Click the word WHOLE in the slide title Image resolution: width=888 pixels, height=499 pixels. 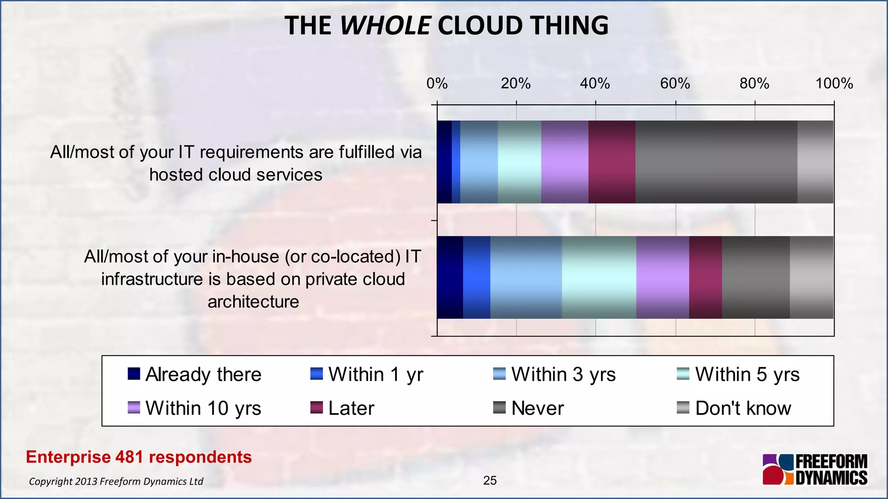[x=385, y=26]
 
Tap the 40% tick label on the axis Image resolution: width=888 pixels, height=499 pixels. [x=595, y=83]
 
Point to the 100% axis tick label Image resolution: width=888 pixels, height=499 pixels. [x=834, y=83]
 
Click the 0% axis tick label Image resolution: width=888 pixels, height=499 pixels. [x=437, y=83]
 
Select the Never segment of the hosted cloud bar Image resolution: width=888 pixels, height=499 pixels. [x=716, y=162]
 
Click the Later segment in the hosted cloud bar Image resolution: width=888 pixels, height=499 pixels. [x=611, y=162]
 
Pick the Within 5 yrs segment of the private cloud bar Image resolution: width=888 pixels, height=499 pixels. [x=599, y=277]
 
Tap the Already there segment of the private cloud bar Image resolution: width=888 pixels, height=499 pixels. [x=450, y=277]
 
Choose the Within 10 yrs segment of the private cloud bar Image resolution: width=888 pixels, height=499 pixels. [x=662, y=277]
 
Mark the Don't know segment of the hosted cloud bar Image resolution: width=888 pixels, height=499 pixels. [x=815, y=162]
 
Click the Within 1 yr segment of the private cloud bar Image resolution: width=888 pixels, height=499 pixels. [x=477, y=277]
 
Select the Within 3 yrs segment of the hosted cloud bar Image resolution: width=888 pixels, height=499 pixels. [x=479, y=162]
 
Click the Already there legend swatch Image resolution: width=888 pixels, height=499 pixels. [x=134, y=374]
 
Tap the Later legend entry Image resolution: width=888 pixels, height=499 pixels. [x=343, y=408]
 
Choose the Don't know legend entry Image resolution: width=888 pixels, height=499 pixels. [x=734, y=408]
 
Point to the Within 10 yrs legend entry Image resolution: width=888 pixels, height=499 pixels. [x=195, y=408]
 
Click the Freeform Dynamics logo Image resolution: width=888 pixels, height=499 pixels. [x=815, y=469]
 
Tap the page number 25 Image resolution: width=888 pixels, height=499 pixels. [x=490, y=480]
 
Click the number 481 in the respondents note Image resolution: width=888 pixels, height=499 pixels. [x=130, y=457]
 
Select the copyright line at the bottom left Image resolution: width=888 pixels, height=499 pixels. [x=116, y=481]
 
